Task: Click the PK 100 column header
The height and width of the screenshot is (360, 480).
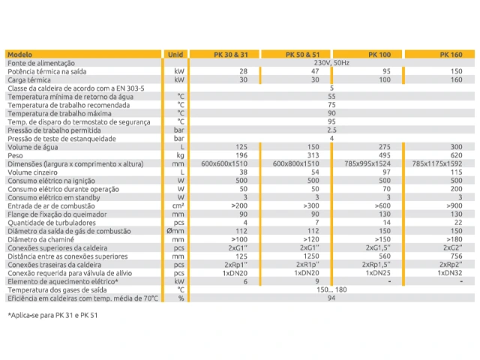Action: [379, 55]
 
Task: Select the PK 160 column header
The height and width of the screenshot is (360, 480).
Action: [451, 55]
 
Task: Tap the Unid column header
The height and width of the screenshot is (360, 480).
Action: [175, 55]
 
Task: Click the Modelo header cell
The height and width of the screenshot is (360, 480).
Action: [20, 55]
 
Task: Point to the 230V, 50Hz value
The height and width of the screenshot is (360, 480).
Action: [331, 63]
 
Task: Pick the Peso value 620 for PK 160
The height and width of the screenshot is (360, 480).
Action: [456, 155]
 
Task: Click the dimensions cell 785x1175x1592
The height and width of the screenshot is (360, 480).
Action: [437, 163]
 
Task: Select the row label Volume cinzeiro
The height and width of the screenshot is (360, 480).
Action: [32, 172]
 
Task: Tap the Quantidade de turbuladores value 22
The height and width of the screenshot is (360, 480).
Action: [458, 223]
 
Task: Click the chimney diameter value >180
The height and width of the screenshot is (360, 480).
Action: [454, 239]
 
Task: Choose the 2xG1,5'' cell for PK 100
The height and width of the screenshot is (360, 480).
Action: [378, 247]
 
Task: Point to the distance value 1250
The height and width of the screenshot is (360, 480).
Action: [311, 256]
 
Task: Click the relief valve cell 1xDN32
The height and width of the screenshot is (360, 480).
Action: [450, 273]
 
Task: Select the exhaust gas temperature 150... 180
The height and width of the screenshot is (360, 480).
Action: [331, 289]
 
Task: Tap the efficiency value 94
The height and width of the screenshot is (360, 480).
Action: [331, 298]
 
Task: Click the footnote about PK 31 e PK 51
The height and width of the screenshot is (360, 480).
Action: [52, 315]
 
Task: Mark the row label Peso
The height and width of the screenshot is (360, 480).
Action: [15, 155]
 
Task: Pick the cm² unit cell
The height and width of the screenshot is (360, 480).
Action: [178, 205]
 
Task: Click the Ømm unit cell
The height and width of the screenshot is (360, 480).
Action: [175, 231]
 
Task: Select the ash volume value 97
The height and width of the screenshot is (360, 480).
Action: [386, 172]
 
